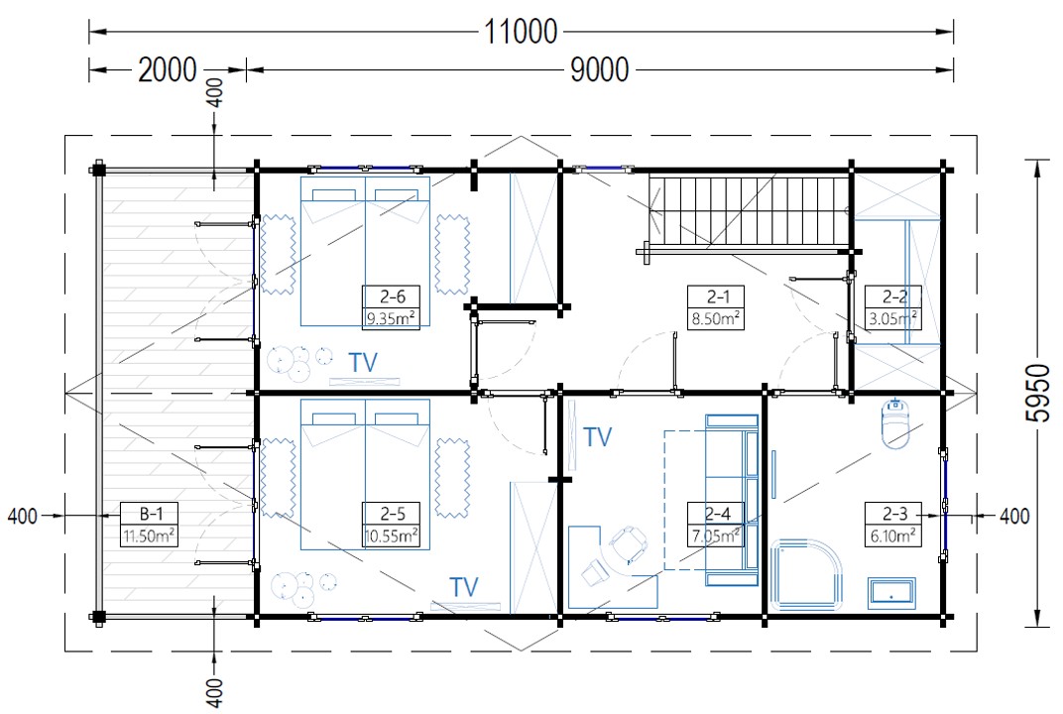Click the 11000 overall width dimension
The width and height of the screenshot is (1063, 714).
(x=521, y=31)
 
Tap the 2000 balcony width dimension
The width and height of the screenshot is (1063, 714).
(x=168, y=69)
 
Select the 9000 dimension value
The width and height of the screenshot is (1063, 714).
(x=599, y=69)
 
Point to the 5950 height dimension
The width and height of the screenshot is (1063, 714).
(x=1037, y=393)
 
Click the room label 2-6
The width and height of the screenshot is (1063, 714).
(x=393, y=297)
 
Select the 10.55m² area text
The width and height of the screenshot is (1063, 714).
(x=390, y=536)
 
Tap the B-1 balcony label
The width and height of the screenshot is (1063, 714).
(x=149, y=514)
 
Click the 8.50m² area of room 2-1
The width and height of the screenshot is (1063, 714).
(x=716, y=318)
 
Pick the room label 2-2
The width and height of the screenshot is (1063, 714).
(x=894, y=297)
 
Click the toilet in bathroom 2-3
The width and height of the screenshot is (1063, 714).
(x=895, y=423)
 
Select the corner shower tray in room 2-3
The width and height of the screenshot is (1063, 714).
(x=805, y=573)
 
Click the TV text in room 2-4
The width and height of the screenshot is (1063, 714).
(x=597, y=437)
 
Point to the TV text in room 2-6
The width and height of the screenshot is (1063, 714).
(x=363, y=363)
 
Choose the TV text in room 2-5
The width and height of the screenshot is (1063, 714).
(x=464, y=586)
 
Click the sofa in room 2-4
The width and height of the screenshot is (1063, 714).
(x=732, y=501)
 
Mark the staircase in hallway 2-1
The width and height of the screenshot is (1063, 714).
(x=749, y=213)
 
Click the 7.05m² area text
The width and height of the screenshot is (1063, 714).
(x=716, y=536)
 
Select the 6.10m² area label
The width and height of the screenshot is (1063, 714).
(x=893, y=536)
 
